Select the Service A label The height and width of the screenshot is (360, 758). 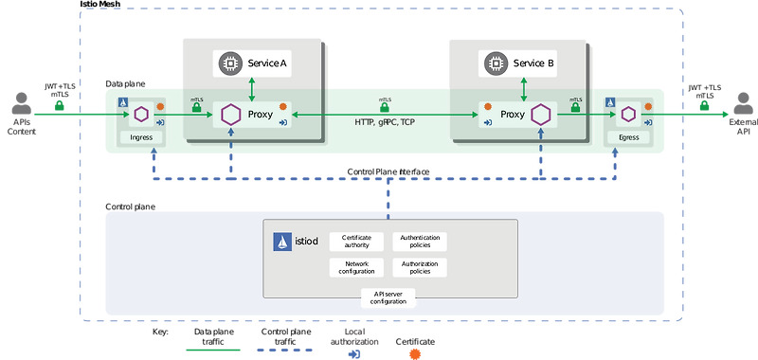267,63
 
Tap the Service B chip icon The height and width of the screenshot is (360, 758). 494,63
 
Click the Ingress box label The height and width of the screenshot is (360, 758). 140,137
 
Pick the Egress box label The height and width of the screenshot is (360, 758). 628,137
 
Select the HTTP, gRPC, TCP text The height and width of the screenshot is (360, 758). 384,122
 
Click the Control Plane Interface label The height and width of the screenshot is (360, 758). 388,171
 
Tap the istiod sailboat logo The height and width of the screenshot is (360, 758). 282,242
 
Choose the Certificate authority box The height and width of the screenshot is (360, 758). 356,242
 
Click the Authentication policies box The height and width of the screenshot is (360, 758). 419,242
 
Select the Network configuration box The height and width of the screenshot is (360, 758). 356,267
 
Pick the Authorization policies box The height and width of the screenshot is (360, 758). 419,267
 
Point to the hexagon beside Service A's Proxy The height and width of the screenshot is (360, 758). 229,115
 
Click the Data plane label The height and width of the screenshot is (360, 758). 125,84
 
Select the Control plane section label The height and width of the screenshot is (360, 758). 131,206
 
